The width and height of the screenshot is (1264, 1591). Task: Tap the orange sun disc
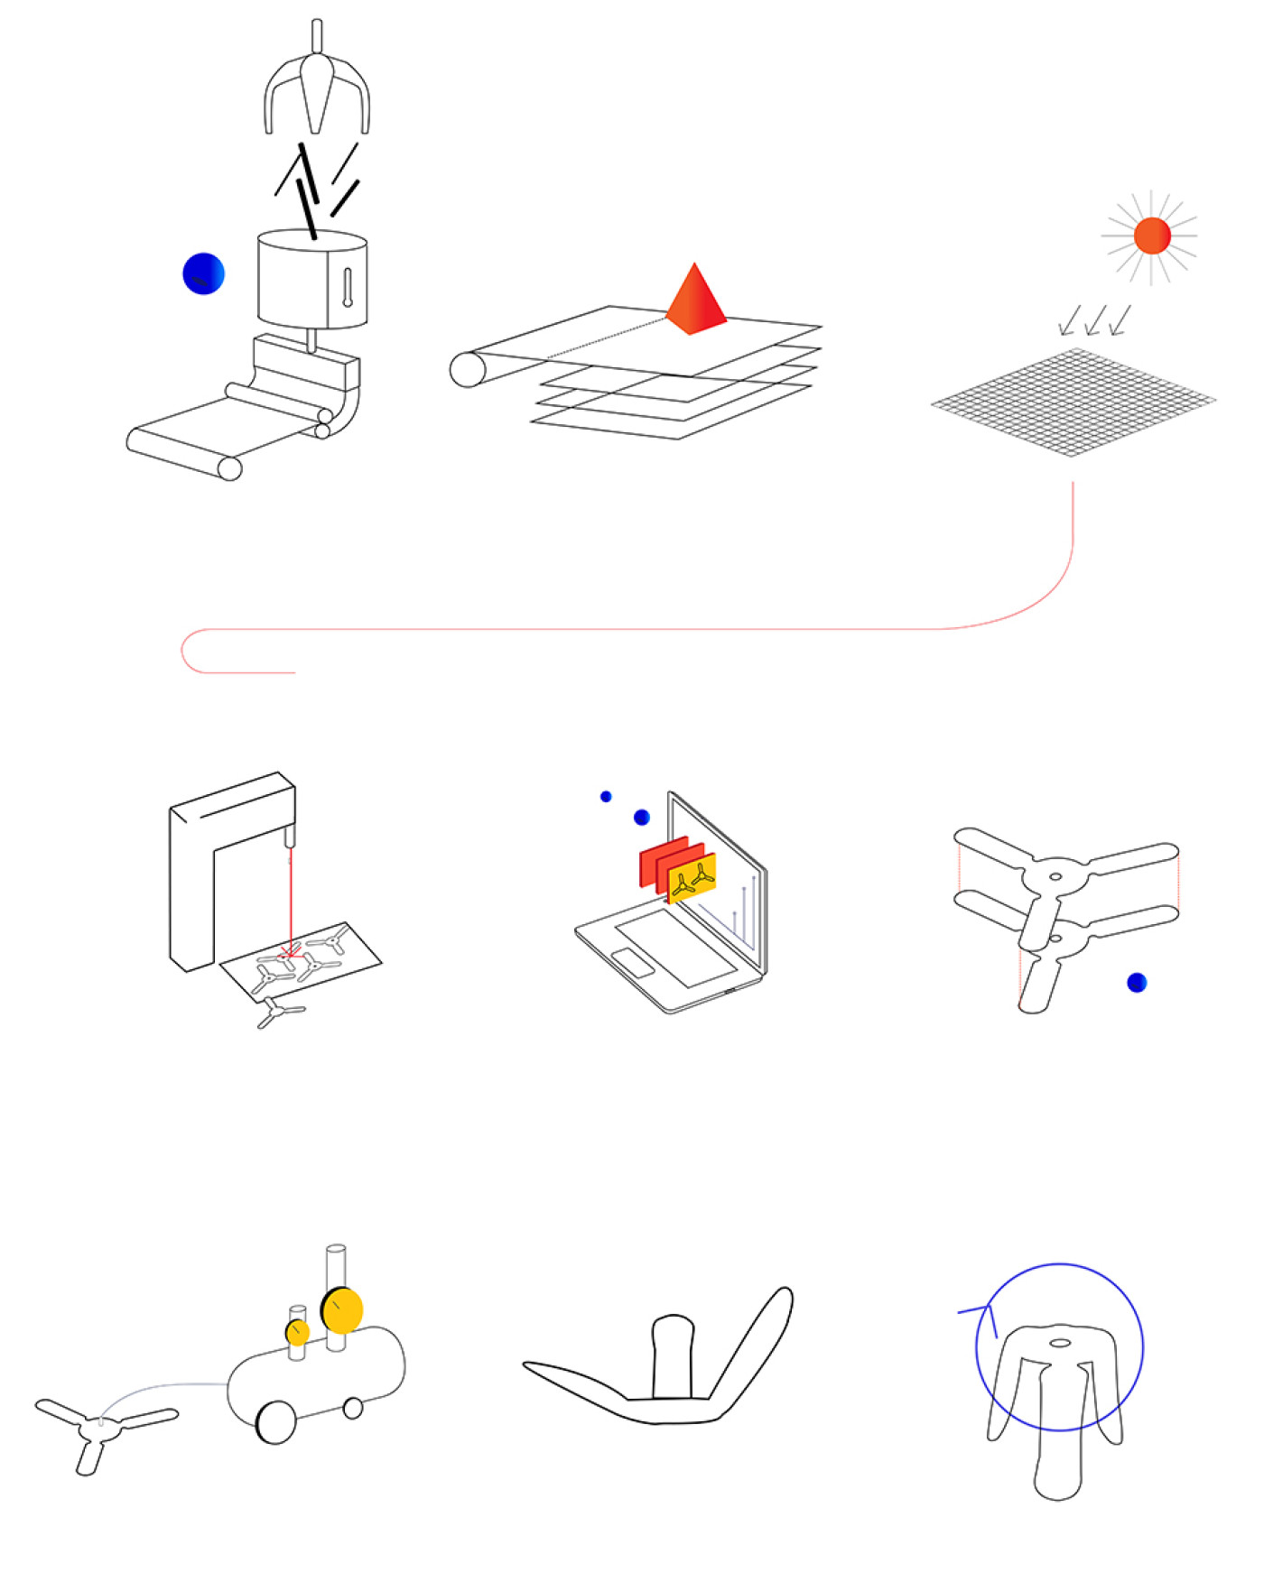tap(1152, 236)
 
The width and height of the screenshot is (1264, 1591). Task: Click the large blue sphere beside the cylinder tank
tap(203, 273)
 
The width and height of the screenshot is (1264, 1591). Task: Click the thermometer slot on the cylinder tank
tap(348, 287)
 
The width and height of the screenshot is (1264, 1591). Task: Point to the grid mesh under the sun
tap(1073, 402)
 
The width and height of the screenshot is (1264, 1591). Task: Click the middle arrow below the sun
tap(1095, 320)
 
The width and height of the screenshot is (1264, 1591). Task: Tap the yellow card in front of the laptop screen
tap(692, 878)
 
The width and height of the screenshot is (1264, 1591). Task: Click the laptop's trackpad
tap(633, 963)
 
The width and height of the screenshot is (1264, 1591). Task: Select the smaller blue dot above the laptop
tap(606, 796)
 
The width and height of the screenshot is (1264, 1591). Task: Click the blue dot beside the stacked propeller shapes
tap(1137, 983)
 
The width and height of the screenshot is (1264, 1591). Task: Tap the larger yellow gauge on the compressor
tap(342, 1310)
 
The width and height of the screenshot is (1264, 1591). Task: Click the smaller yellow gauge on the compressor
tap(297, 1332)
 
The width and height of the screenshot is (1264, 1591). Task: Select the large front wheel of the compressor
tap(276, 1422)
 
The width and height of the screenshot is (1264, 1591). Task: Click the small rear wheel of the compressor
tap(353, 1408)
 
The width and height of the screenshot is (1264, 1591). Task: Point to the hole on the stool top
tap(1060, 1343)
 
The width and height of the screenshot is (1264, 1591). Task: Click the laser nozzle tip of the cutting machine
tap(290, 838)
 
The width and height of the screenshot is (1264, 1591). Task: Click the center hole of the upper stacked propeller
tap(1055, 876)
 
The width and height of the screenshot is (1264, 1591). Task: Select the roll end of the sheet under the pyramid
tap(468, 370)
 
